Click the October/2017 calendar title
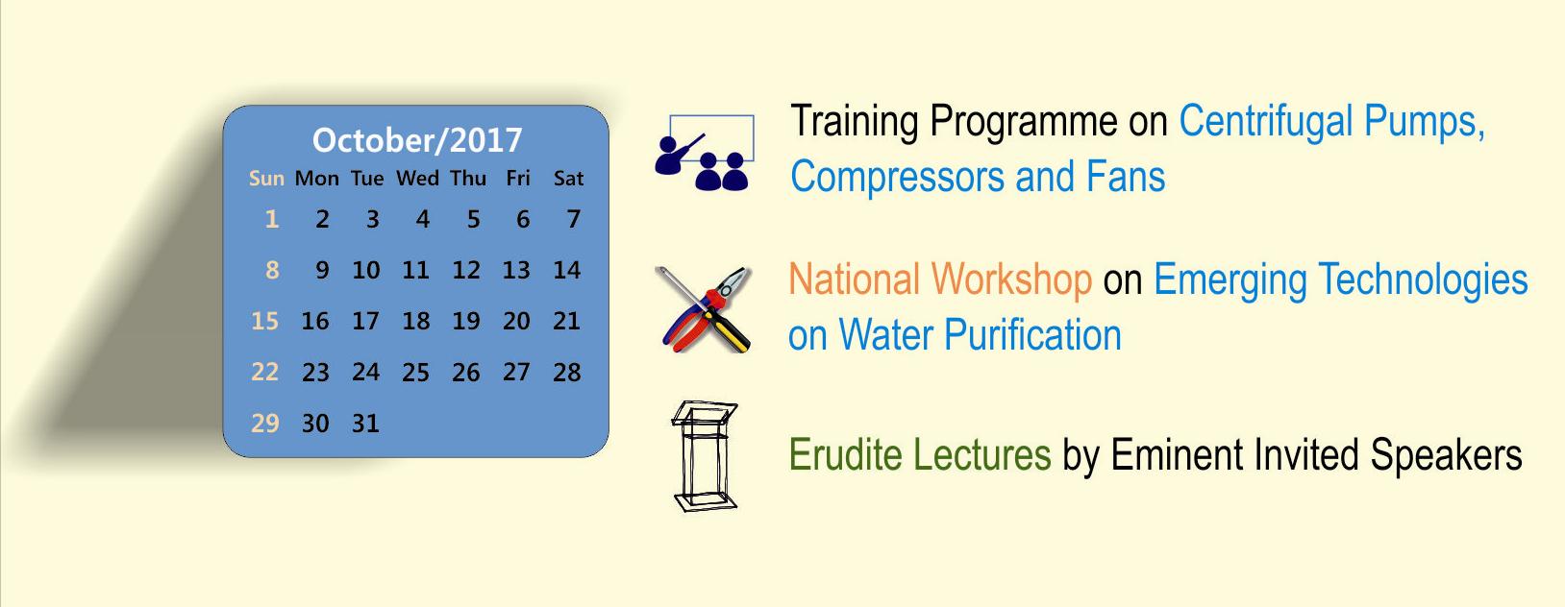[x=417, y=140]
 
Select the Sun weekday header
[x=266, y=179]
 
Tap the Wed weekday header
[x=418, y=179]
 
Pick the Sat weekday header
[x=568, y=179]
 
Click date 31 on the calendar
[x=365, y=424]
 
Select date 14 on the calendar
[x=566, y=270]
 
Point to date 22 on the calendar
[x=264, y=372]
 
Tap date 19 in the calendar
[x=466, y=321]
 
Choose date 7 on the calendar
[x=574, y=219]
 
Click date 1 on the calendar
[x=272, y=219]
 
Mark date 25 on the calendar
[x=415, y=372]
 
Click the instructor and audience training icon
[x=705, y=153]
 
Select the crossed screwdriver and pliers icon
[x=704, y=309]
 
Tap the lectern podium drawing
[x=705, y=456]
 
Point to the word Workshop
[x=1011, y=280]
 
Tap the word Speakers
[x=1446, y=456]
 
